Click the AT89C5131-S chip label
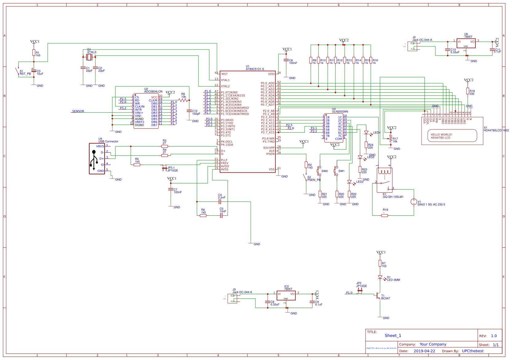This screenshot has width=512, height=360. pyautogui.click(x=255, y=69)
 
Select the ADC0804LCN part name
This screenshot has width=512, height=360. pyautogui.click(x=153, y=92)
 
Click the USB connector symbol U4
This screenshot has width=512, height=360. pyautogui.click(x=97, y=158)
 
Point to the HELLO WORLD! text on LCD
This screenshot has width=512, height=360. pyautogui.click(x=441, y=135)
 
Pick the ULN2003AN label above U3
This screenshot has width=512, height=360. pyautogui.click(x=340, y=112)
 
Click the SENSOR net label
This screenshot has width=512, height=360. pyautogui.click(x=78, y=111)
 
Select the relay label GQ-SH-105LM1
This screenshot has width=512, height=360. pyautogui.click(x=393, y=197)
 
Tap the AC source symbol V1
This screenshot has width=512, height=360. pyautogui.click(x=414, y=202)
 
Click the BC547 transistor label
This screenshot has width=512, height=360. pyautogui.click(x=386, y=298)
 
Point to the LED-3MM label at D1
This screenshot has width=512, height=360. pyautogui.click(x=394, y=280)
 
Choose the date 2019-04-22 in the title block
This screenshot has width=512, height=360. pyautogui.click(x=424, y=351)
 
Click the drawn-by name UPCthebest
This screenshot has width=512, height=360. pyautogui.click(x=473, y=351)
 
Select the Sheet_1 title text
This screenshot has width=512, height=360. pyautogui.click(x=393, y=336)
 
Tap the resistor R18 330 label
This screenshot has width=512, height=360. pyautogui.click(x=472, y=92)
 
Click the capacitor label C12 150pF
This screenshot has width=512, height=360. pyautogui.click(x=196, y=113)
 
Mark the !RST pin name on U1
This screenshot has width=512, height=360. pyautogui.click(x=224, y=74)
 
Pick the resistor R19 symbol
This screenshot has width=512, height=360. pyautogui.click(x=384, y=215)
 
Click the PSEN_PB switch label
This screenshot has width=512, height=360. pyautogui.click(x=314, y=180)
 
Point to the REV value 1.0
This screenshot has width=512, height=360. pyautogui.click(x=494, y=336)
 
